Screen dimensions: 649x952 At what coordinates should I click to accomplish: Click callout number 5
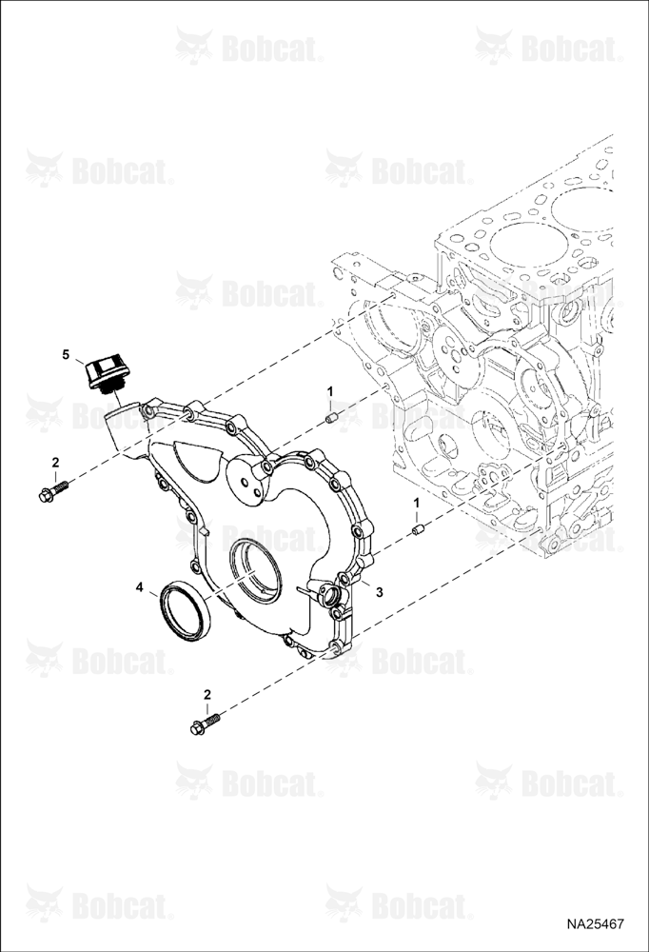click(67, 355)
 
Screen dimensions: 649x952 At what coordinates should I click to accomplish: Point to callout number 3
click(379, 592)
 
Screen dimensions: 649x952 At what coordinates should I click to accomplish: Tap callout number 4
click(140, 587)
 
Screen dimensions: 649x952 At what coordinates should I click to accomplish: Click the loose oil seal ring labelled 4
click(186, 609)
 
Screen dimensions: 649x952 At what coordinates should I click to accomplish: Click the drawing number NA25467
click(596, 924)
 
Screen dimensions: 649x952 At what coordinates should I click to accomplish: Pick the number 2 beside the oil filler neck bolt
click(55, 463)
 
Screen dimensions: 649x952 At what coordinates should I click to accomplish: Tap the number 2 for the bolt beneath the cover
click(207, 694)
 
